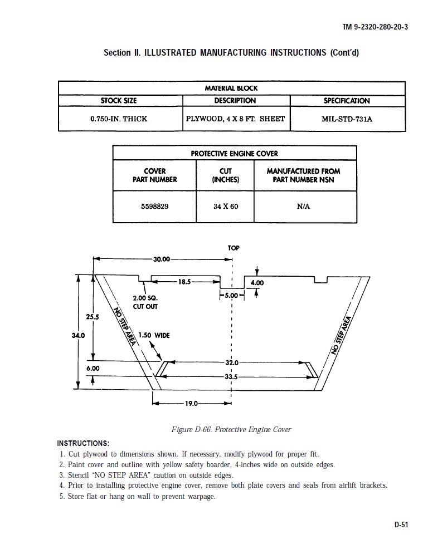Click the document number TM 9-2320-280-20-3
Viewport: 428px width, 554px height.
tap(374, 27)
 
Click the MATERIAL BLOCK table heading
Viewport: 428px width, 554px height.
tap(231, 88)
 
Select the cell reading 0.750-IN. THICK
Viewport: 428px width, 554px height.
tap(119, 119)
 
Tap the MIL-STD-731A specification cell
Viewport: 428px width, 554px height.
tap(347, 119)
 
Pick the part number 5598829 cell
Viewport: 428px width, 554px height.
tap(154, 206)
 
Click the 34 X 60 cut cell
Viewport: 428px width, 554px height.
tap(225, 206)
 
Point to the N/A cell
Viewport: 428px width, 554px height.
tap(304, 206)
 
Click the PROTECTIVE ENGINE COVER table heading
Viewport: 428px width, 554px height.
tap(234, 153)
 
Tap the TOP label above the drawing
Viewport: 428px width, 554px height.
tap(234, 248)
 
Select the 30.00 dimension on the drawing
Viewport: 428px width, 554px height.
tap(162, 259)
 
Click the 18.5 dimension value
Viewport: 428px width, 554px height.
tap(184, 282)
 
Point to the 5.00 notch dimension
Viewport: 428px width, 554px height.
tap(231, 295)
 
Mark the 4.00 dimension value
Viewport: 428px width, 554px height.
tap(257, 283)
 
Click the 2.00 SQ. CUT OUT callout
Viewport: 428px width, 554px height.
tap(145, 302)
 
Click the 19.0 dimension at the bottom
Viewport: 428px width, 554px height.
tap(192, 403)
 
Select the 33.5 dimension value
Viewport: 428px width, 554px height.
tap(231, 377)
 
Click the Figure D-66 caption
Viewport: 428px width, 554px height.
tap(231, 429)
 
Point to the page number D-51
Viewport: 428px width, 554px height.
tap(401, 524)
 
